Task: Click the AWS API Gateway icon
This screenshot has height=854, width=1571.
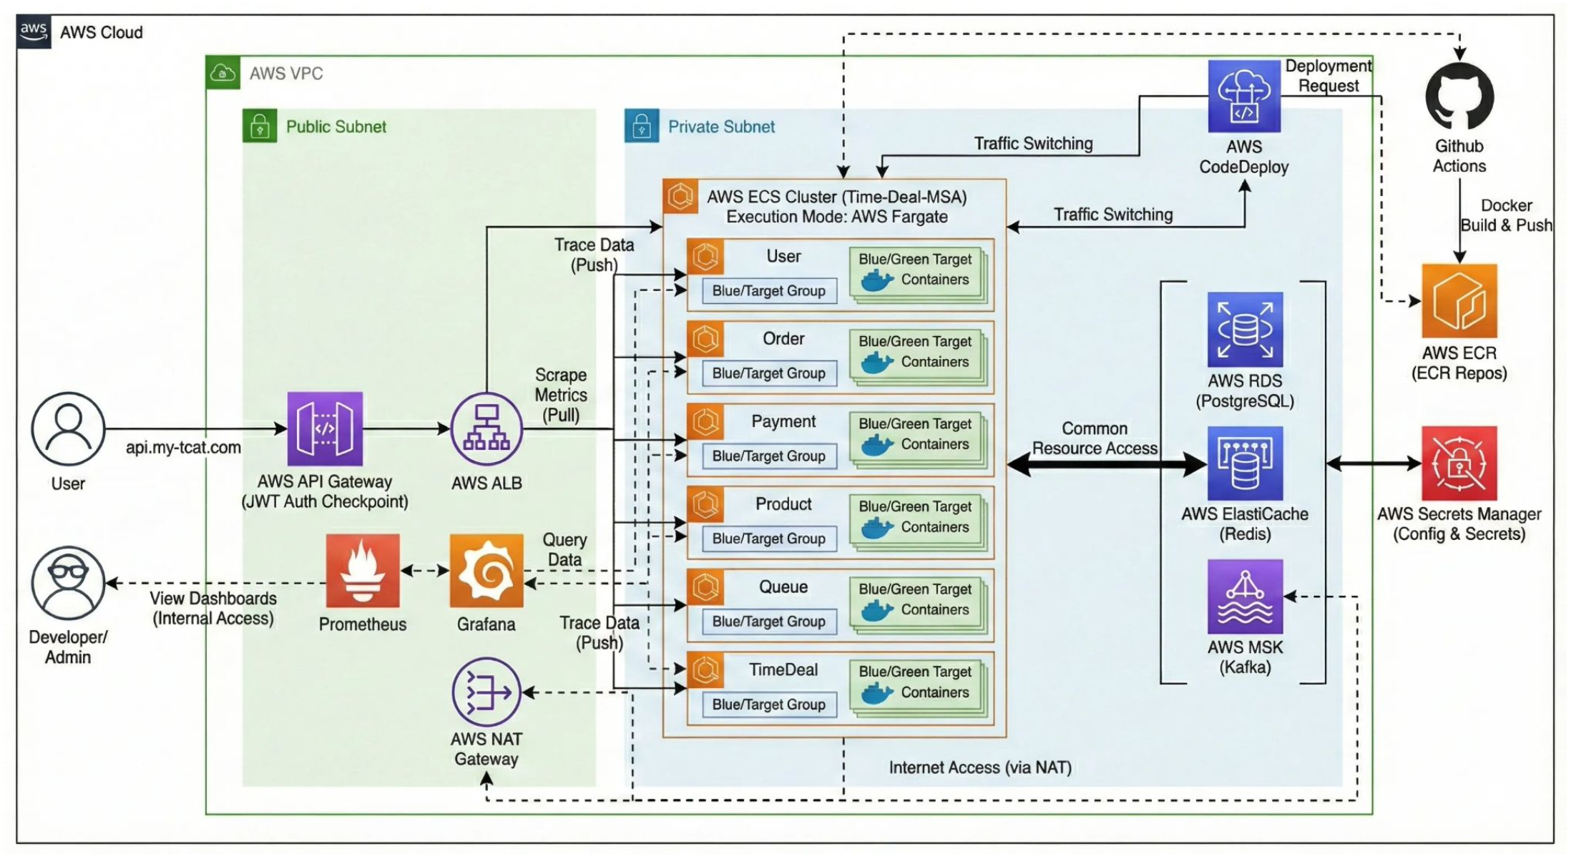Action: (x=325, y=428)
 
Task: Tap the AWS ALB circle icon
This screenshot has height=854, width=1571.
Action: (x=486, y=428)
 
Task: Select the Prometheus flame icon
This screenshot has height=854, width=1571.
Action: (x=363, y=571)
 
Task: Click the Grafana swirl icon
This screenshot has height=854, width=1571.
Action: (x=486, y=571)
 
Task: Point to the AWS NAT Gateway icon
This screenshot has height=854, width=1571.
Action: (x=486, y=692)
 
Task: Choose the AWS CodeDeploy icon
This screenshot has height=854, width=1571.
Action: (x=1244, y=97)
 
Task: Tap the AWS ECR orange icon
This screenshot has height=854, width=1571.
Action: (x=1459, y=300)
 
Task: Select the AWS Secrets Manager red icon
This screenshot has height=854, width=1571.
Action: (x=1459, y=463)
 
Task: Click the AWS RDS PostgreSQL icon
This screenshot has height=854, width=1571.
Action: (x=1245, y=329)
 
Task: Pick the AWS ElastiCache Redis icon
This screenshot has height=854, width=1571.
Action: (x=1245, y=463)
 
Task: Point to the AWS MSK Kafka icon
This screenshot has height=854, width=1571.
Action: (x=1245, y=597)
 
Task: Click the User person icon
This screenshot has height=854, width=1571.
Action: (x=68, y=428)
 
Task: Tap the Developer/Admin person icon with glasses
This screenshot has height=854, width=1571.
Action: (x=68, y=583)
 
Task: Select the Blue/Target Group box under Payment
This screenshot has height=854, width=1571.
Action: (x=769, y=456)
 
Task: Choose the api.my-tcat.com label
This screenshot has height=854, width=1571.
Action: (x=183, y=448)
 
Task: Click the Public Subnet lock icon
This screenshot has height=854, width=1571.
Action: (x=260, y=126)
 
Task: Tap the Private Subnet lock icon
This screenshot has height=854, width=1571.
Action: (x=642, y=126)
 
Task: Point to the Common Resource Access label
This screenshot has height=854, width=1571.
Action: (x=1095, y=438)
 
